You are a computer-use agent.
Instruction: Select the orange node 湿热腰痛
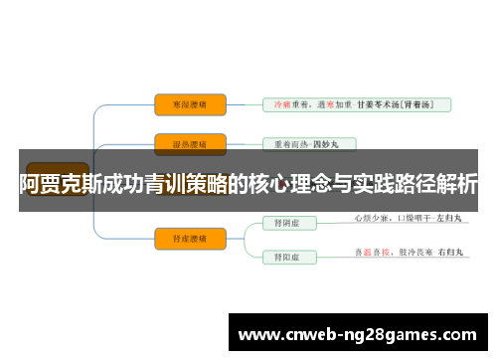pyautogui.click(x=190, y=144)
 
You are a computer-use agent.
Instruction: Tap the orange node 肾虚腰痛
pyautogui.click(x=190, y=237)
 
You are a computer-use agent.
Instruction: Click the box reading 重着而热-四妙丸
pyautogui.click(x=307, y=144)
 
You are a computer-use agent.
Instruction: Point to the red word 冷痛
pyautogui.click(x=282, y=103)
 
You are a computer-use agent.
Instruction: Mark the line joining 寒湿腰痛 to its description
pyautogui.click(x=244, y=102)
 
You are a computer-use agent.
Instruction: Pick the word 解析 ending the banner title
pyautogui.click(x=455, y=182)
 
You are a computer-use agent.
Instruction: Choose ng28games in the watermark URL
pyautogui.click(x=389, y=334)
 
